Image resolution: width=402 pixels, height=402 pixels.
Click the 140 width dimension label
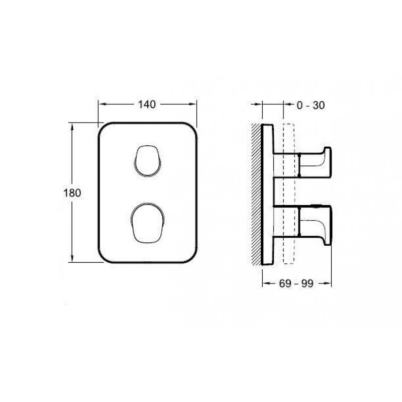(x=147, y=105)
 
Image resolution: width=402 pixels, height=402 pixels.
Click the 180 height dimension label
(x=72, y=193)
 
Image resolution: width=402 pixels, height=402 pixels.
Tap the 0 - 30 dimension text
(x=311, y=105)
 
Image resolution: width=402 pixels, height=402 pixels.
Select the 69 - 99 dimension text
(x=296, y=283)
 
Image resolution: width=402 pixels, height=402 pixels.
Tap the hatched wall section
(x=256, y=194)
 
